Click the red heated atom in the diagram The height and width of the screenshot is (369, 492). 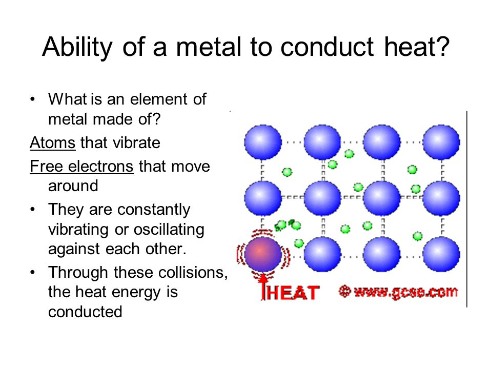point(262,254)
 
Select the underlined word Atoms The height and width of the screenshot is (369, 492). point(52,143)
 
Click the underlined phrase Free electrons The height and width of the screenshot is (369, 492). point(81,166)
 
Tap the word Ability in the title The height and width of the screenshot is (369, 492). point(77,47)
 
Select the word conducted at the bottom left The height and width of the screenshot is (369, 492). point(85,312)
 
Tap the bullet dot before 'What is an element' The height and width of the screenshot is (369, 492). point(33,99)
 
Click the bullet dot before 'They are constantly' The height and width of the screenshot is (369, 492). point(33,209)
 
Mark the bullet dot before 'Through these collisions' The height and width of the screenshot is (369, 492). point(33,272)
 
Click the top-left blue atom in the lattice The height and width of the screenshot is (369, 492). point(262,142)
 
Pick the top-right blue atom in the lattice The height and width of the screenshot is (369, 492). point(441,142)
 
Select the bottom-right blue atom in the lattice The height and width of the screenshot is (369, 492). point(441,254)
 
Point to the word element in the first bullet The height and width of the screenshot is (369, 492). point(159,99)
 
